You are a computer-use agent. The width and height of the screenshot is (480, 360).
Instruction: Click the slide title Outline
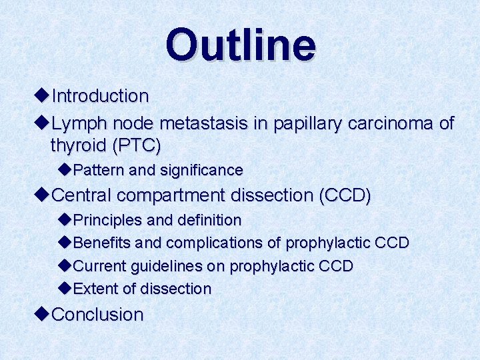click(241, 45)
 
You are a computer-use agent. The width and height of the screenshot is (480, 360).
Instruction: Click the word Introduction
click(100, 97)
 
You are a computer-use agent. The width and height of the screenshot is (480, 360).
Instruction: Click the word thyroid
click(79, 145)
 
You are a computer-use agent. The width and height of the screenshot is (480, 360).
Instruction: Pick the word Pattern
click(99, 171)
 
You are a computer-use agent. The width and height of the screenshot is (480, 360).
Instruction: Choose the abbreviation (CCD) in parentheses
click(345, 196)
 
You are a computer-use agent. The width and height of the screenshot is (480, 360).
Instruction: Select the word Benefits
click(103, 243)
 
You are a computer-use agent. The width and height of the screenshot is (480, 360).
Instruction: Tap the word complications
click(213, 243)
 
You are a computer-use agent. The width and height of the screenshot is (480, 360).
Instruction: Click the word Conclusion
click(97, 315)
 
